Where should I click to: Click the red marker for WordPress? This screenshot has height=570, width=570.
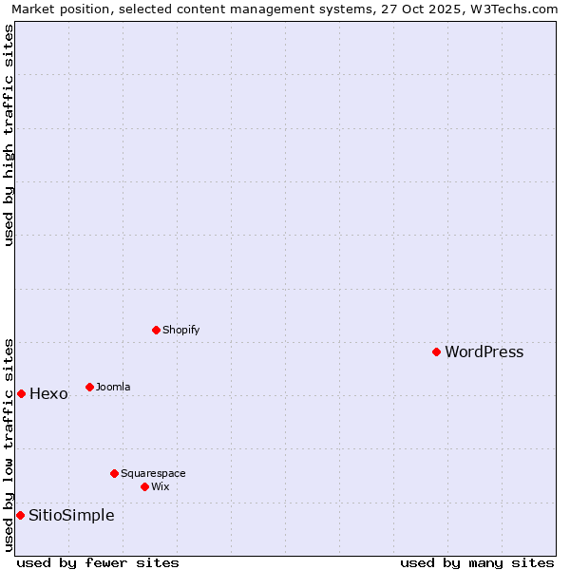pos(436,351)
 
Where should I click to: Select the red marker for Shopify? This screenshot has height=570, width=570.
pos(156,330)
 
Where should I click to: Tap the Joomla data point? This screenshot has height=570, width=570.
pos(89,387)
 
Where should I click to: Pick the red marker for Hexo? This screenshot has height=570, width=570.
pos(21,393)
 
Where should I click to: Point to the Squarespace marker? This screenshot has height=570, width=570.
pos(114,473)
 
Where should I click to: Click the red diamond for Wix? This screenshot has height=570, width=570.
pos(144,486)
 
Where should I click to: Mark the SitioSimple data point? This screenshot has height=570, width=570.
pos(20,515)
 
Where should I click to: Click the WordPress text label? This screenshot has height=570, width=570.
pos(484,352)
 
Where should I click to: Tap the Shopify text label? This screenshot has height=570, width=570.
pos(180,331)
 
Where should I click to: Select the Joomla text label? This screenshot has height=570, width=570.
pos(113,388)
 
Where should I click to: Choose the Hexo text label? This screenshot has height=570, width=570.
pos(48,394)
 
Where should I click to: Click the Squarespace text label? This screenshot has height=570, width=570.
pos(153,474)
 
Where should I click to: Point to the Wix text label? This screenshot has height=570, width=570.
pos(161,487)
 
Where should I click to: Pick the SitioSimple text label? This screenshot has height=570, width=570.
pos(71,516)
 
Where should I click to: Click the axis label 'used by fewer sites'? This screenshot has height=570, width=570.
pos(98,562)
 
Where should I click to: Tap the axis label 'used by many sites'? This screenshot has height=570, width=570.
pos(477,562)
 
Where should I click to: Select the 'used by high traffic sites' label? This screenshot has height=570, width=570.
pos(9,135)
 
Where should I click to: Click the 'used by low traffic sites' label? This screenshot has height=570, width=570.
pos(9,445)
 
